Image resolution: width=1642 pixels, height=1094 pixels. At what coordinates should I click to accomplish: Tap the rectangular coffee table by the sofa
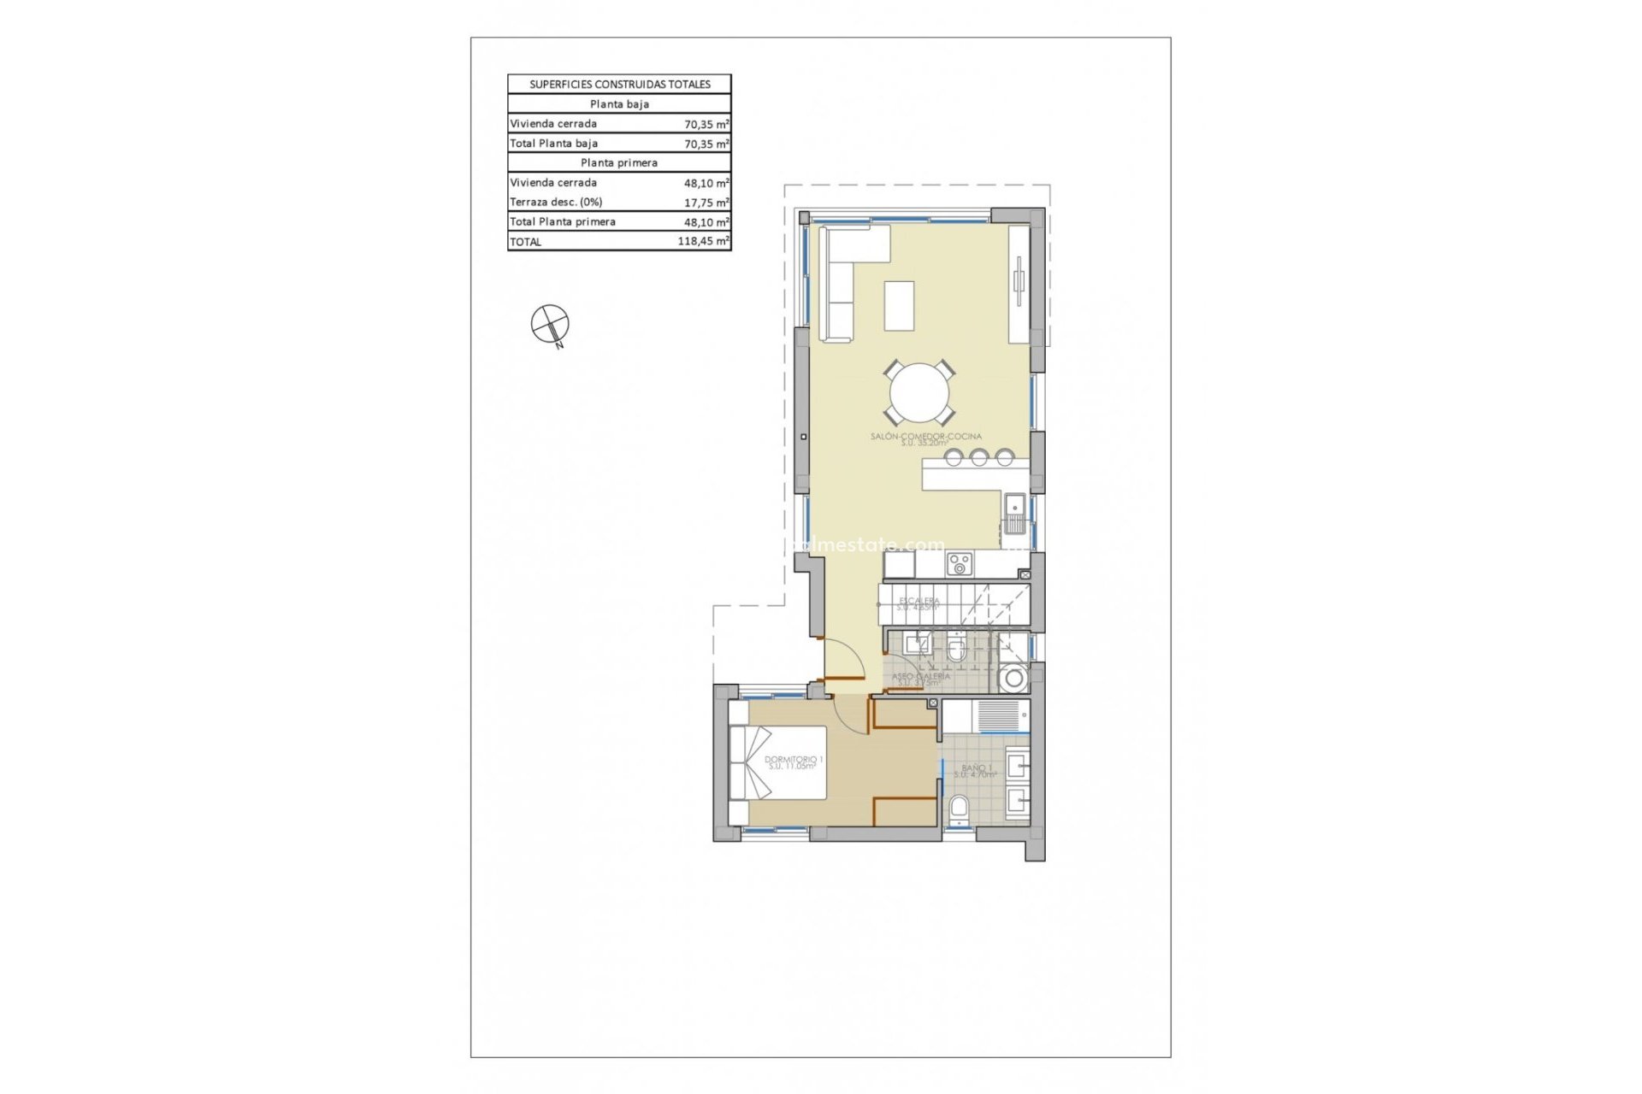pos(899,305)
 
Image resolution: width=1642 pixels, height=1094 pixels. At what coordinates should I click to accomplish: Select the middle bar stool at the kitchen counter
pos(978,457)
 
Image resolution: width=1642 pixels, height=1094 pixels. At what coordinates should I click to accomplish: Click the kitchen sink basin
pos(1017,511)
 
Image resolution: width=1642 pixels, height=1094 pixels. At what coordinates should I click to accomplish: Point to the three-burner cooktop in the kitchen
pos(959,564)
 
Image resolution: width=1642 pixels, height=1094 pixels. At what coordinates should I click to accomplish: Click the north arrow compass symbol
pos(549,324)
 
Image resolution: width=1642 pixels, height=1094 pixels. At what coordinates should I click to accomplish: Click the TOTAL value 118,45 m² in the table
pos(703,242)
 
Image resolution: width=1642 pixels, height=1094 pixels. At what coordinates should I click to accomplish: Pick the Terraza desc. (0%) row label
pos(556,203)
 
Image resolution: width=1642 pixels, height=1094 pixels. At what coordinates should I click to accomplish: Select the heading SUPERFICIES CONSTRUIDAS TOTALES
pos(619,85)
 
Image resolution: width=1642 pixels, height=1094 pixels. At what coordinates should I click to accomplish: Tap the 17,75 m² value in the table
pos(706,203)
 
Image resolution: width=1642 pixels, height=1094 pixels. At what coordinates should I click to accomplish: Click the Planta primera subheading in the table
pos(619,163)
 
